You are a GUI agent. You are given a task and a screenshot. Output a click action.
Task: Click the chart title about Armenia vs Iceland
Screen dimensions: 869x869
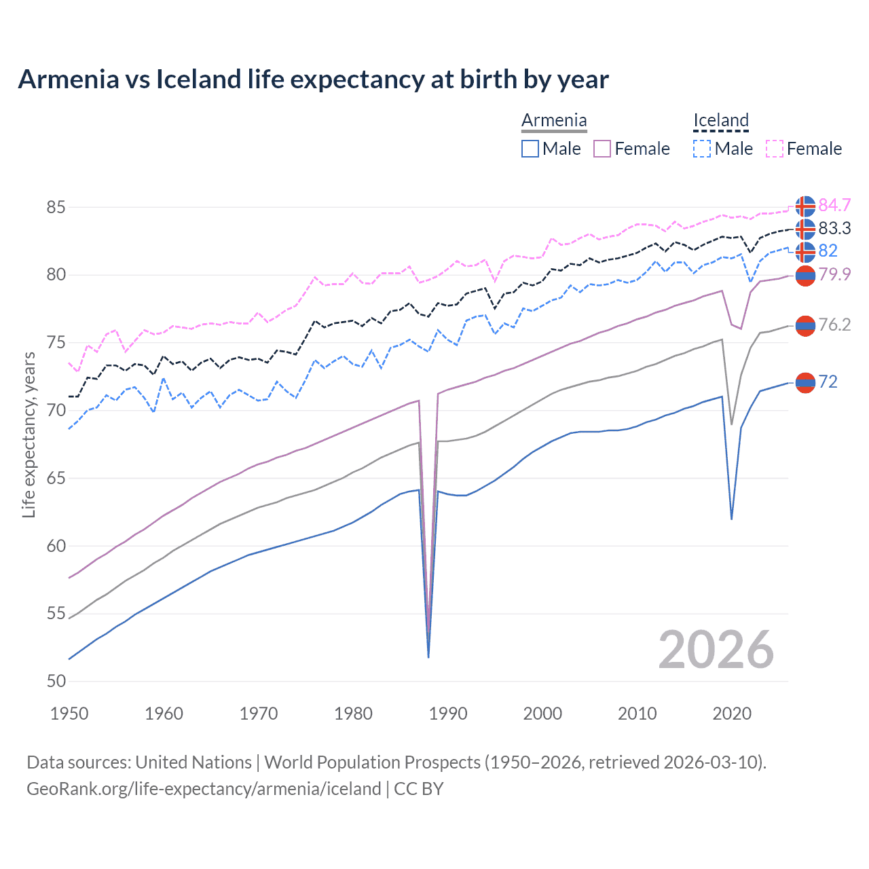click(313, 79)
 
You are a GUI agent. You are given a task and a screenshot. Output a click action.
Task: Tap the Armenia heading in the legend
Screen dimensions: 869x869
click(554, 121)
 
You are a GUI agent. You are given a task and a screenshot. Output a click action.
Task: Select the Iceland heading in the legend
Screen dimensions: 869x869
click(720, 121)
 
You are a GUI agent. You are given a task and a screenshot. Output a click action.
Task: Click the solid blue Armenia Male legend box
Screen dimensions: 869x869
click(530, 149)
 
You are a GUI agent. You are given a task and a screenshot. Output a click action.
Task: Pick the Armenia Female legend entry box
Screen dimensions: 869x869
click(602, 149)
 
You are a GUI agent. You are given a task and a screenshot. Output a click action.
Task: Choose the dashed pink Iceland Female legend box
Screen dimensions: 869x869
click(775, 149)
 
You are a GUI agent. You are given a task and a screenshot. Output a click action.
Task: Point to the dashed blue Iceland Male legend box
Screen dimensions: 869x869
click(702, 149)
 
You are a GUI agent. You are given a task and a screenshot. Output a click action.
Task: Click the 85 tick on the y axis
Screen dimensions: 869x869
click(56, 207)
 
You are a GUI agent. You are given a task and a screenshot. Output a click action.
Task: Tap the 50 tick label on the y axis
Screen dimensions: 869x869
click(56, 681)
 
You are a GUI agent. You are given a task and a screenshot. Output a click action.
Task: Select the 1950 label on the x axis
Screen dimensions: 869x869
click(69, 714)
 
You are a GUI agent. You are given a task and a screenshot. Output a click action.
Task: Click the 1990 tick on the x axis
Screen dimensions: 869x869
click(448, 714)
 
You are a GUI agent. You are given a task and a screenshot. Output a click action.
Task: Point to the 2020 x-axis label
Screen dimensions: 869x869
click(732, 714)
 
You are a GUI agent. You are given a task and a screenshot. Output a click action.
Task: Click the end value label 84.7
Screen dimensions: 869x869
click(834, 205)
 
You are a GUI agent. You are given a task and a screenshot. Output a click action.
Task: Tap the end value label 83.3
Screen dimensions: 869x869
click(834, 228)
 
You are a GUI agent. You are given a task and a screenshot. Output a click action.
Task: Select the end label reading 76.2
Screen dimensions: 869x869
click(834, 325)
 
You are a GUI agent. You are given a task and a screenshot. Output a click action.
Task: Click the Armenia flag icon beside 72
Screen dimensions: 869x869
click(805, 383)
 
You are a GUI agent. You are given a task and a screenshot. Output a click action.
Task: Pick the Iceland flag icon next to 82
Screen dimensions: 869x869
click(805, 252)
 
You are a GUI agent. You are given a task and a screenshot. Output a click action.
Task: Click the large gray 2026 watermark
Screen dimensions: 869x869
click(716, 650)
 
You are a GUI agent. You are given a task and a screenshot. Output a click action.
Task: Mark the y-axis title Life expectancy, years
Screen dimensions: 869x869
click(29, 434)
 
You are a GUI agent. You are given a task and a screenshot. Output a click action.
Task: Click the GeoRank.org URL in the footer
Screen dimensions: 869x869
click(204, 789)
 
